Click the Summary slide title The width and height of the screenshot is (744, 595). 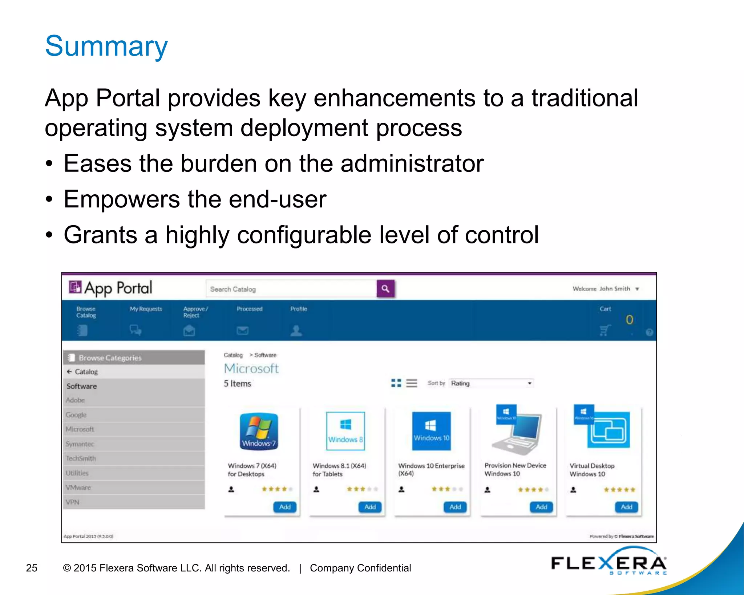pyautogui.click(x=106, y=46)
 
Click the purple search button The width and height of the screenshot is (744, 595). pyautogui.click(x=385, y=289)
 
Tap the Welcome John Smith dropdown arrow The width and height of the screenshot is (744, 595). pyautogui.click(x=637, y=289)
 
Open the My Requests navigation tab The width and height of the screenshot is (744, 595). pyautogui.click(x=146, y=320)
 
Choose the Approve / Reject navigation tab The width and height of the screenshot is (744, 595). pyautogui.click(x=195, y=320)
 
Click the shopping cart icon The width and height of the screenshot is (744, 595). pyautogui.click(x=604, y=330)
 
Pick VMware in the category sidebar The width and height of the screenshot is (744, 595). pyautogui.click(x=78, y=487)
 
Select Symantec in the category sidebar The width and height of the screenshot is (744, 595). pyautogui.click(x=80, y=444)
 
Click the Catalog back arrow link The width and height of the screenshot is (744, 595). pyautogui.click(x=82, y=372)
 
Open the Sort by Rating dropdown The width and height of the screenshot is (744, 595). pyautogui.click(x=491, y=383)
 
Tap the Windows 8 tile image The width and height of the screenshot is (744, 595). pyautogui.click(x=345, y=431)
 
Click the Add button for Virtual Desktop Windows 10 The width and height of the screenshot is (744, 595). pyautogui.click(x=626, y=507)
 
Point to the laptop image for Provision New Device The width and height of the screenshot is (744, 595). pyautogui.click(x=518, y=432)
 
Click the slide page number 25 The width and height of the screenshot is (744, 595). pyautogui.click(x=32, y=568)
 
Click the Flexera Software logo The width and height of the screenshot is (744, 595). pyautogui.click(x=609, y=564)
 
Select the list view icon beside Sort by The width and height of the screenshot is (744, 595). pyautogui.click(x=412, y=383)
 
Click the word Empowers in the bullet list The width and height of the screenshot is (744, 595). pyautogui.click(x=122, y=199)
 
